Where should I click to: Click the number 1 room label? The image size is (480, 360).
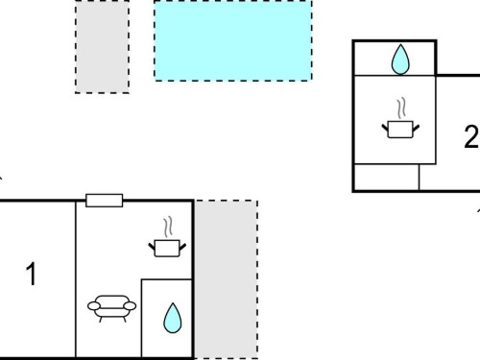pos(32,274)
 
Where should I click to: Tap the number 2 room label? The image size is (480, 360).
pos(472,136)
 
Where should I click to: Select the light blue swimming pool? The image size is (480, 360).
pos(233,40)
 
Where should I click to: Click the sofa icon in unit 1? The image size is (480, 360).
pos(111,308)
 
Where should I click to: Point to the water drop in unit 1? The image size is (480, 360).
pos(173,318)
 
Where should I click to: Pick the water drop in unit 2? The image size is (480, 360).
pos(400,60)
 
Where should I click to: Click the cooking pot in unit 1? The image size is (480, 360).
pos(167,249)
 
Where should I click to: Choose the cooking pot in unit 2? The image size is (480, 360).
pos(400,130)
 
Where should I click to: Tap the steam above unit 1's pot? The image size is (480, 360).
pos(168,227)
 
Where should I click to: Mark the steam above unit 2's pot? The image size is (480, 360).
pos(401,108)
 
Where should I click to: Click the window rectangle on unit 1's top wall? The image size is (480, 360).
pos(105,201)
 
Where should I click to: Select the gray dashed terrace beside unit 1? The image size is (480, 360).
pos(227,279)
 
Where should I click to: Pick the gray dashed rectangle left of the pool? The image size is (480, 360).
pos(103,47)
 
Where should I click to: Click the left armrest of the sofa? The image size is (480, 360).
pos(94,306)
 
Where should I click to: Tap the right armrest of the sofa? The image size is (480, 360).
pos(130,306)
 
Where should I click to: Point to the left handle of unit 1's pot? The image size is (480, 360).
pos(152,247)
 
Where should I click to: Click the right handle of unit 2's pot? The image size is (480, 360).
pos(416,128)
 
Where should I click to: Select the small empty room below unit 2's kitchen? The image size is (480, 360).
pos(387,177)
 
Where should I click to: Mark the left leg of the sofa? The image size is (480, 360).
pos(101,320)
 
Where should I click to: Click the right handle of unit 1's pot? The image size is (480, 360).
pos(182,247)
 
